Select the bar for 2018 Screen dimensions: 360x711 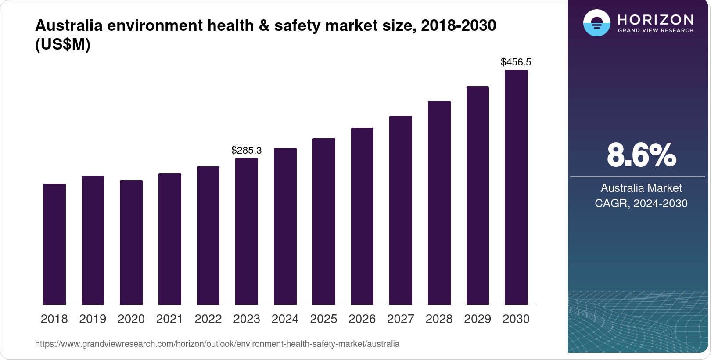point(54,244)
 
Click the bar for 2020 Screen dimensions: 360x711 point(131,242)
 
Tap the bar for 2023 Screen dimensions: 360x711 point(247,231)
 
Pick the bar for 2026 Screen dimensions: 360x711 point(362,216)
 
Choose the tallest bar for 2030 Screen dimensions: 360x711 point(516,187)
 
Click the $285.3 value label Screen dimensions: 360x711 point(247,150)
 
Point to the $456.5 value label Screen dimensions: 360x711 point(516,62)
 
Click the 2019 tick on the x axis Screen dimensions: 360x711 point(93,319)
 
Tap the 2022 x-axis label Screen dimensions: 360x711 point(208,319)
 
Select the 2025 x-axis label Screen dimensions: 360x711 point(323,319)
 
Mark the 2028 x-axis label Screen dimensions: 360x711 point(439,319)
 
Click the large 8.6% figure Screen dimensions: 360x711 point(641,155)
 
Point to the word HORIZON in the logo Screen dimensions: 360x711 point(655,20)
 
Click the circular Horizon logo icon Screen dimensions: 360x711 point(596,23)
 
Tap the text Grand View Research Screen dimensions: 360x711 point(655,31)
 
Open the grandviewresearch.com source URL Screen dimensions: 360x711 point(217,344)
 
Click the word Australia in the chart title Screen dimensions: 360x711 point(68,25)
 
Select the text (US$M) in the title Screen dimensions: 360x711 point(63,44)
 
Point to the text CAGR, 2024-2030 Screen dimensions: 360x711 point(641,203)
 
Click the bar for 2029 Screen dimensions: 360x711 point(478,195)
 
